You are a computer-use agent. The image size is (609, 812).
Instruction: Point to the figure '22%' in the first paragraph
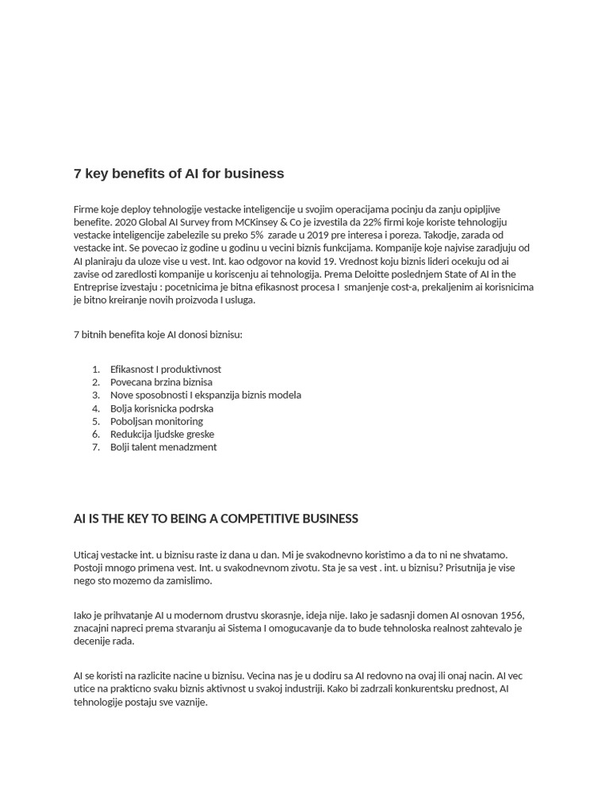coord(373,222)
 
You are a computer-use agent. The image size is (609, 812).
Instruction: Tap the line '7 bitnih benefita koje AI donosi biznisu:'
coord(158,335)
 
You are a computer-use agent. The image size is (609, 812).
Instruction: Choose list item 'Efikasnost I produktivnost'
coord(166,370)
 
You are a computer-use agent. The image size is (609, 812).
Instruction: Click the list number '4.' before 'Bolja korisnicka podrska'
coord(96,408)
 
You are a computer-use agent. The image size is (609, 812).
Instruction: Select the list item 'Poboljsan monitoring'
coord(156,421)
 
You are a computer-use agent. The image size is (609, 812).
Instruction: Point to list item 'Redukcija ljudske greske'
coord(162,435)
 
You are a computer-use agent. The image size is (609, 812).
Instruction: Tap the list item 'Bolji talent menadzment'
coord(163,447)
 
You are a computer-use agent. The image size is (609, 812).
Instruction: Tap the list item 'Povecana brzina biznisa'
coord(161,382)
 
